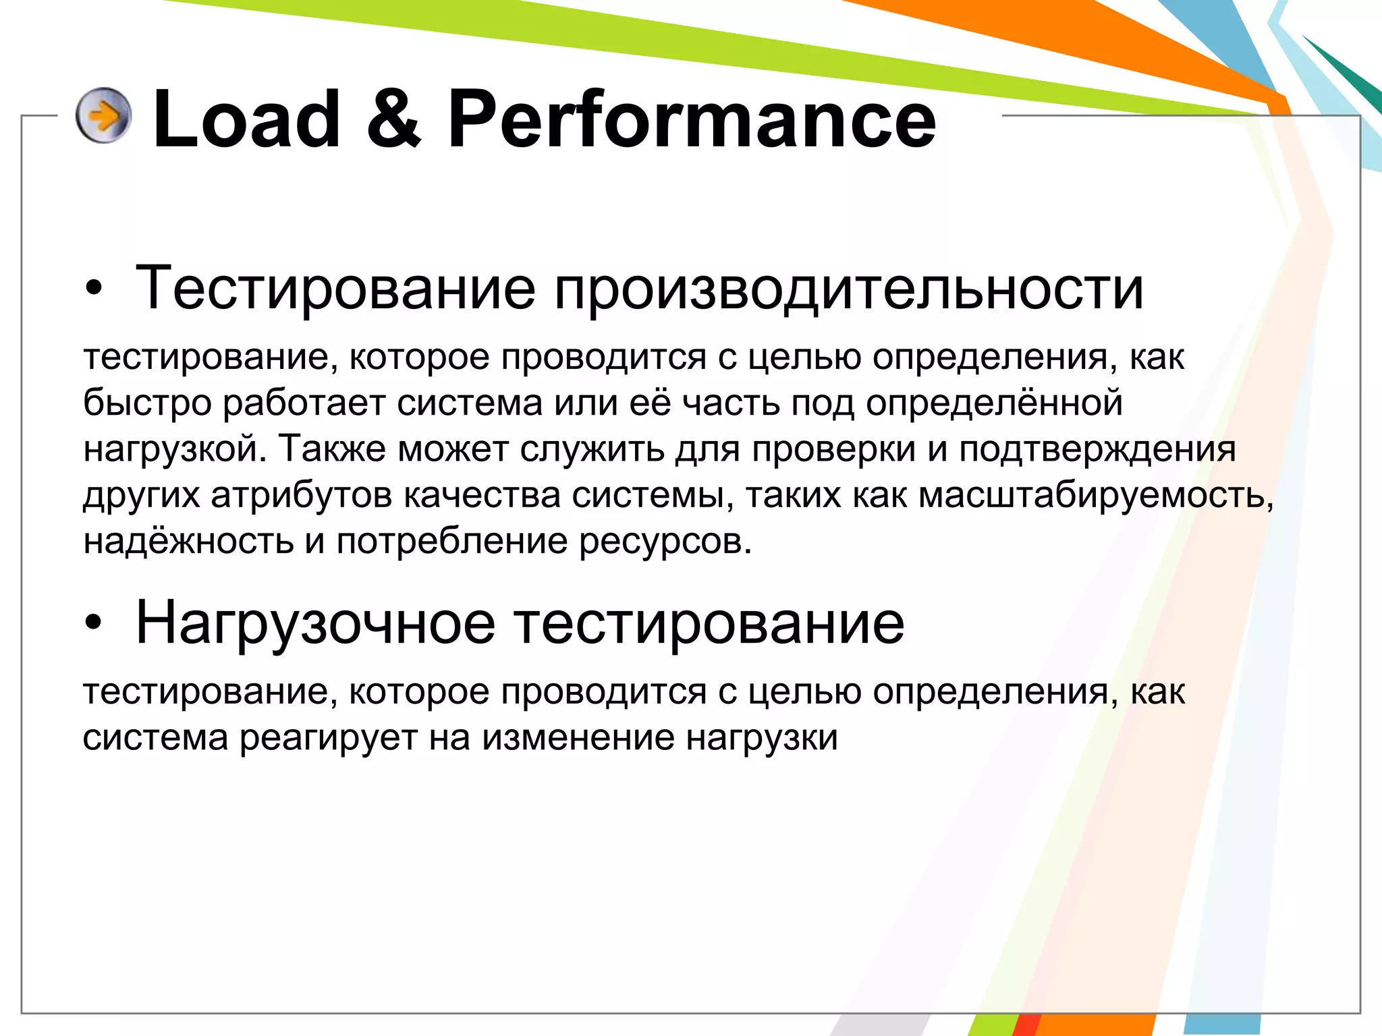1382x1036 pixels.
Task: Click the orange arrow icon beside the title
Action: pos(103,116)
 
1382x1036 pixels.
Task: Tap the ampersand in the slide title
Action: pos(394,119)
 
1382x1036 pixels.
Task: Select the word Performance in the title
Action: pos(692,119)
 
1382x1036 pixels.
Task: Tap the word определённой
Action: pos(994,403)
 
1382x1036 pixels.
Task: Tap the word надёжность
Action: pos(188,541)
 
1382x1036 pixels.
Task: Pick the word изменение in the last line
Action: pos(578,737)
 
